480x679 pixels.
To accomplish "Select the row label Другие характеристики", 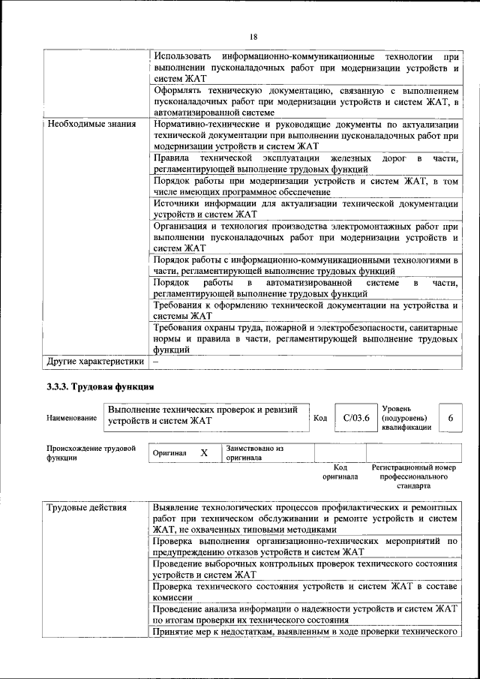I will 95,361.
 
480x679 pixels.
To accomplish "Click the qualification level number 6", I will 450,418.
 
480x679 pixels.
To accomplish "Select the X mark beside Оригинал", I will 203,453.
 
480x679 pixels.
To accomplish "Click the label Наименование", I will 71,418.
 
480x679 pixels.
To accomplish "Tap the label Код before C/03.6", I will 320,418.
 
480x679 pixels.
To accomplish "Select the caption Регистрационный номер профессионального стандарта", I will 413,476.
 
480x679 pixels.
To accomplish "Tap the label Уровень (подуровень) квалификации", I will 406,417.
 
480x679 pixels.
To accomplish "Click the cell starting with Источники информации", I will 305,209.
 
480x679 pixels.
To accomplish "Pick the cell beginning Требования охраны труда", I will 305,338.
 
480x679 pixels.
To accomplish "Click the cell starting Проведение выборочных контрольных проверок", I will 305,569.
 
